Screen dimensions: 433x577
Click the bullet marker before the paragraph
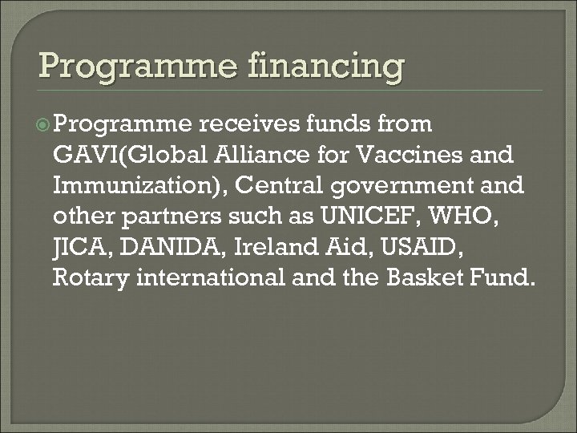pyautogui.click(x=46, y=125)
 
